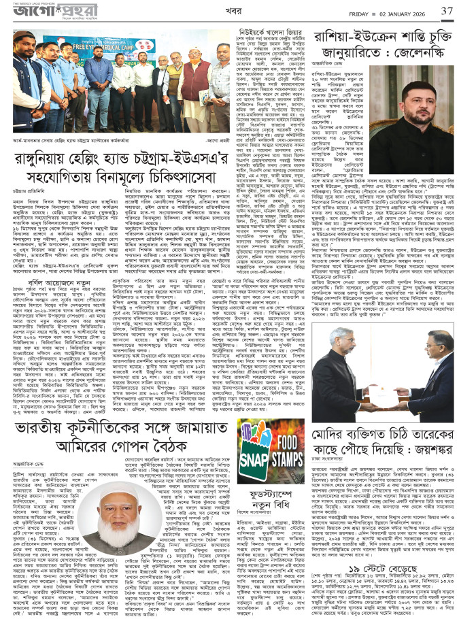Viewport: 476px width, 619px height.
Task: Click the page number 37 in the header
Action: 446,12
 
